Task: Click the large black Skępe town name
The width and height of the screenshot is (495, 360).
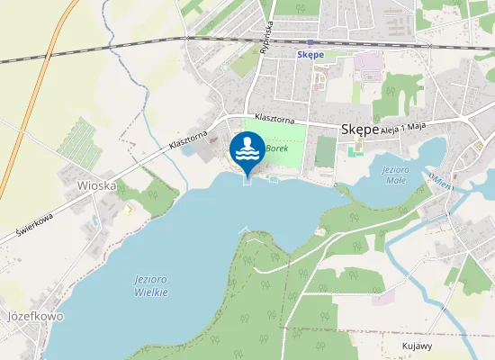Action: pyautogui.click(x=360, y=130)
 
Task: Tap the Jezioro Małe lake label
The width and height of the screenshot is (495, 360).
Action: pyautogui.click(x=394, y=175)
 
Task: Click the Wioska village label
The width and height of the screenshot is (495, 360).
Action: pyautogui.click(x=97, y=185)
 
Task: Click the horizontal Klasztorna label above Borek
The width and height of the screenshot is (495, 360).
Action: pyautogui.click(x=274, y=118)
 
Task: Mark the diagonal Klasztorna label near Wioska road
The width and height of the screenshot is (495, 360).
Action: pyautogui.click(x=187, y=139)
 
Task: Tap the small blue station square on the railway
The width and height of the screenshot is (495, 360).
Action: pyautogui.click(x=310, y=42)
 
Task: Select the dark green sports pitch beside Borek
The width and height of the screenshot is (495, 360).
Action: pyautogui.click(x=325, y=151)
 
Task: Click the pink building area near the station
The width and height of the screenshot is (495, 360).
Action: pyautogui.click(x=369, y=64)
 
